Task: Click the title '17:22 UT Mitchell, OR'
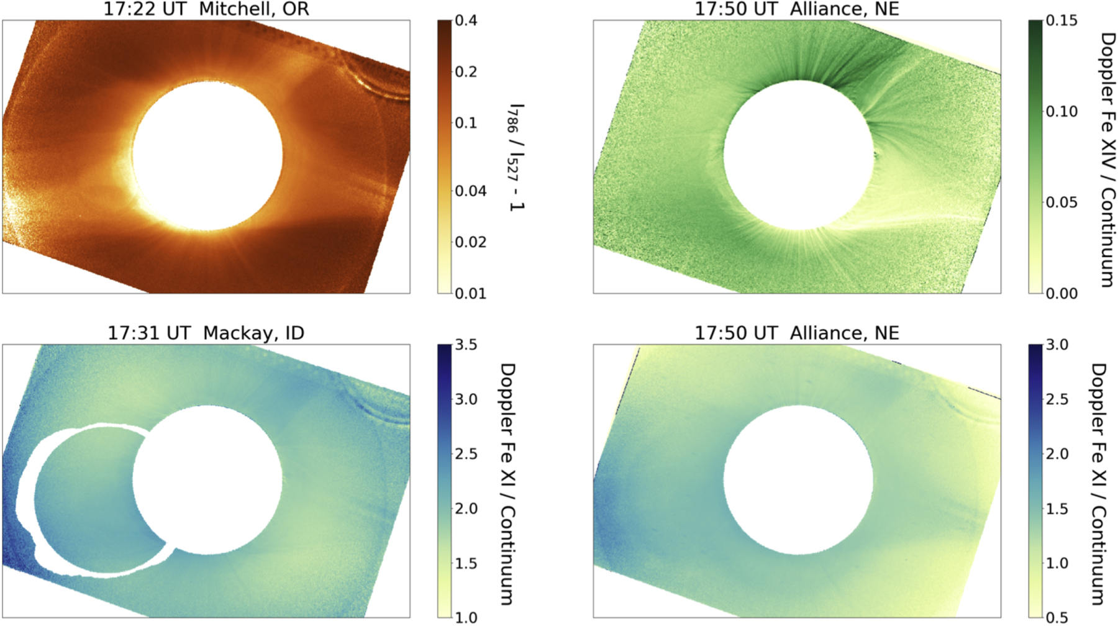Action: (x=206, y=9)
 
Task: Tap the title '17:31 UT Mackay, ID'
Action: (x=206, y=333)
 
